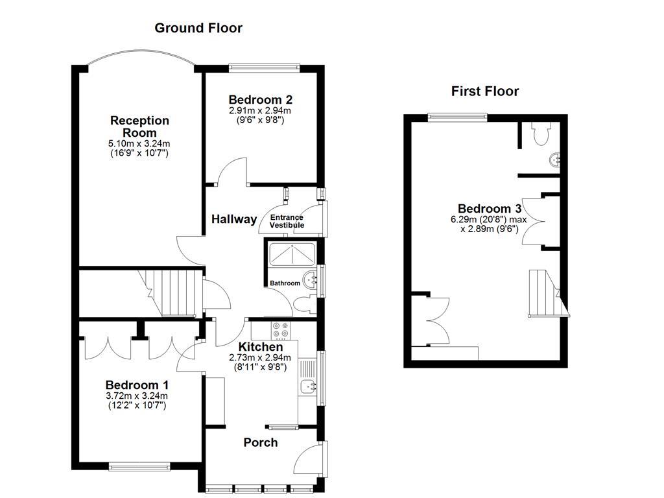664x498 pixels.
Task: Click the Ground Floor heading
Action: coord(198,28)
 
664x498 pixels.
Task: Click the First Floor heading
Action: coord(484,91)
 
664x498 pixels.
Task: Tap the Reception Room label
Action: coord(139,126)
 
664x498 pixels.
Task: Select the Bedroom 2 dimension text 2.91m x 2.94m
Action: coord(260,111)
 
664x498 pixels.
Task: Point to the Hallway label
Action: coord(234,219)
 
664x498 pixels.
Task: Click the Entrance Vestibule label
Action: coord(287,221)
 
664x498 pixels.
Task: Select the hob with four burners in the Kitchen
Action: coord(281,330)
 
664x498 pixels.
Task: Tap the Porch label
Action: coord(260,442)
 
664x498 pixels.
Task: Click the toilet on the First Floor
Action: coord(539,134)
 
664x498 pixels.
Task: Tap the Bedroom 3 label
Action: coord(490,209)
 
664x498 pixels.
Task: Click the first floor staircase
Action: coord(543,292)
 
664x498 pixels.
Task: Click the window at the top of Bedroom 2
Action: coord(265,65)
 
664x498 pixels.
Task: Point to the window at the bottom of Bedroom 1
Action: coord(139,465)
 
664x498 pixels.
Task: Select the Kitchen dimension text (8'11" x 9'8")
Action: coord(260,366)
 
